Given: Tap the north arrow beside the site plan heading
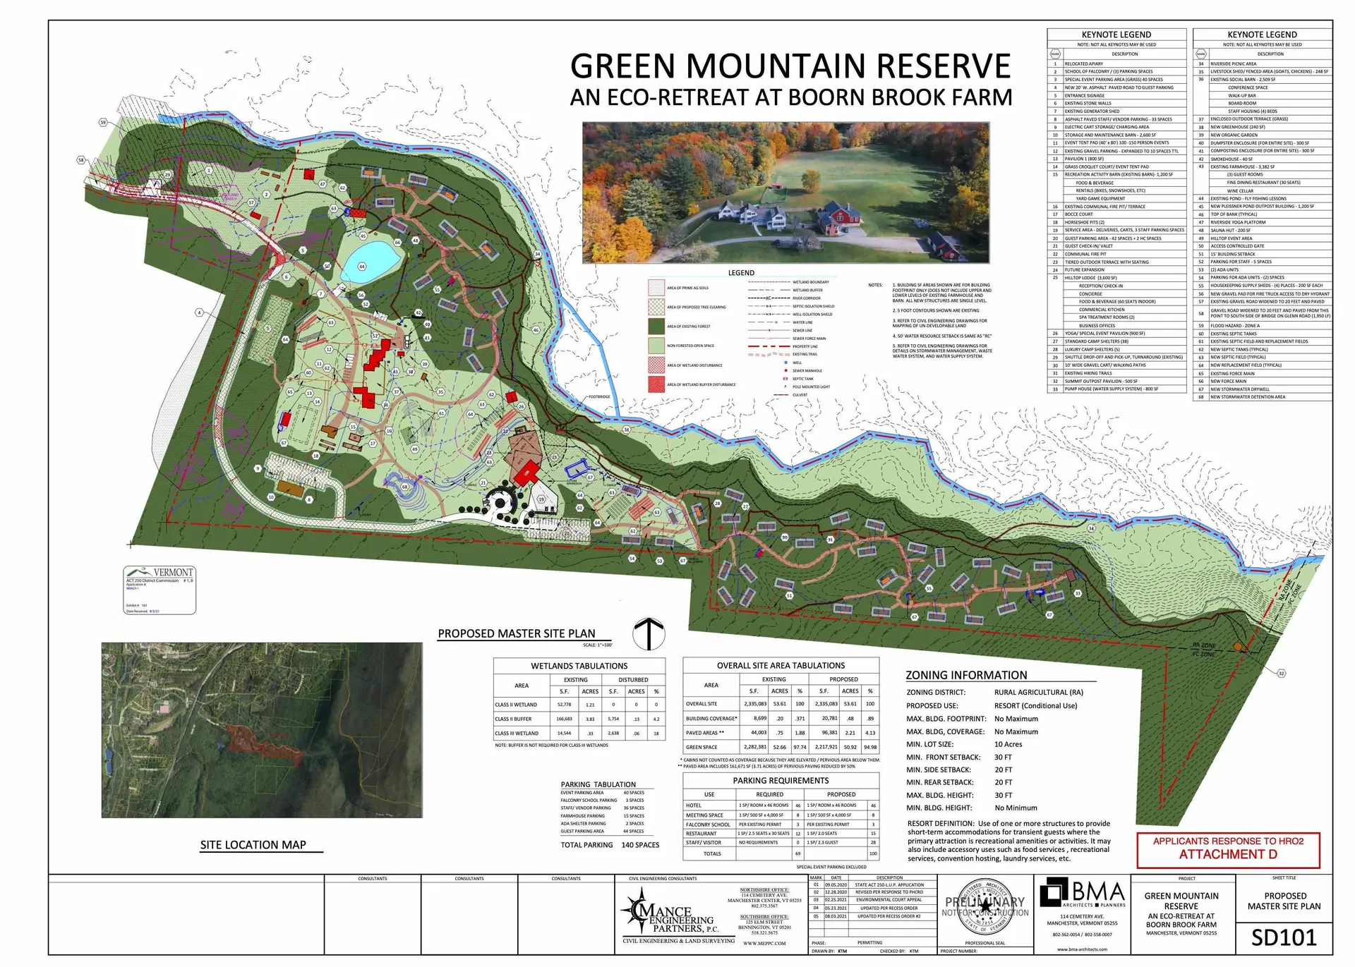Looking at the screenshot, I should pos(648,633).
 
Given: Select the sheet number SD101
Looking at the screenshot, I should pos(1284,937).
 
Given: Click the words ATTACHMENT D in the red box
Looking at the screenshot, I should pos(1228,854).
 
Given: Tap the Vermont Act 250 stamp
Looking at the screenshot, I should pos(159,590).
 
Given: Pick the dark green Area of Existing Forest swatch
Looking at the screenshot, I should pos(656,327).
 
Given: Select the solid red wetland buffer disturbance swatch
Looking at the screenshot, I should pos(656,384).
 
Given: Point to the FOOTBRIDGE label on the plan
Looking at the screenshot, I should pos(598,396).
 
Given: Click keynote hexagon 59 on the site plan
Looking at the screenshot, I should pos(103,123).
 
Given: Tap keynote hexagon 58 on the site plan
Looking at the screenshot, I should pos(81,160).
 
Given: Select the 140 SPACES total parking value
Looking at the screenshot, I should pos(640,845).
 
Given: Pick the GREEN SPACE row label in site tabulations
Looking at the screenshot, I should pos(701,747).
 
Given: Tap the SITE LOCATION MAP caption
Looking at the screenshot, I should pos(253,845).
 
